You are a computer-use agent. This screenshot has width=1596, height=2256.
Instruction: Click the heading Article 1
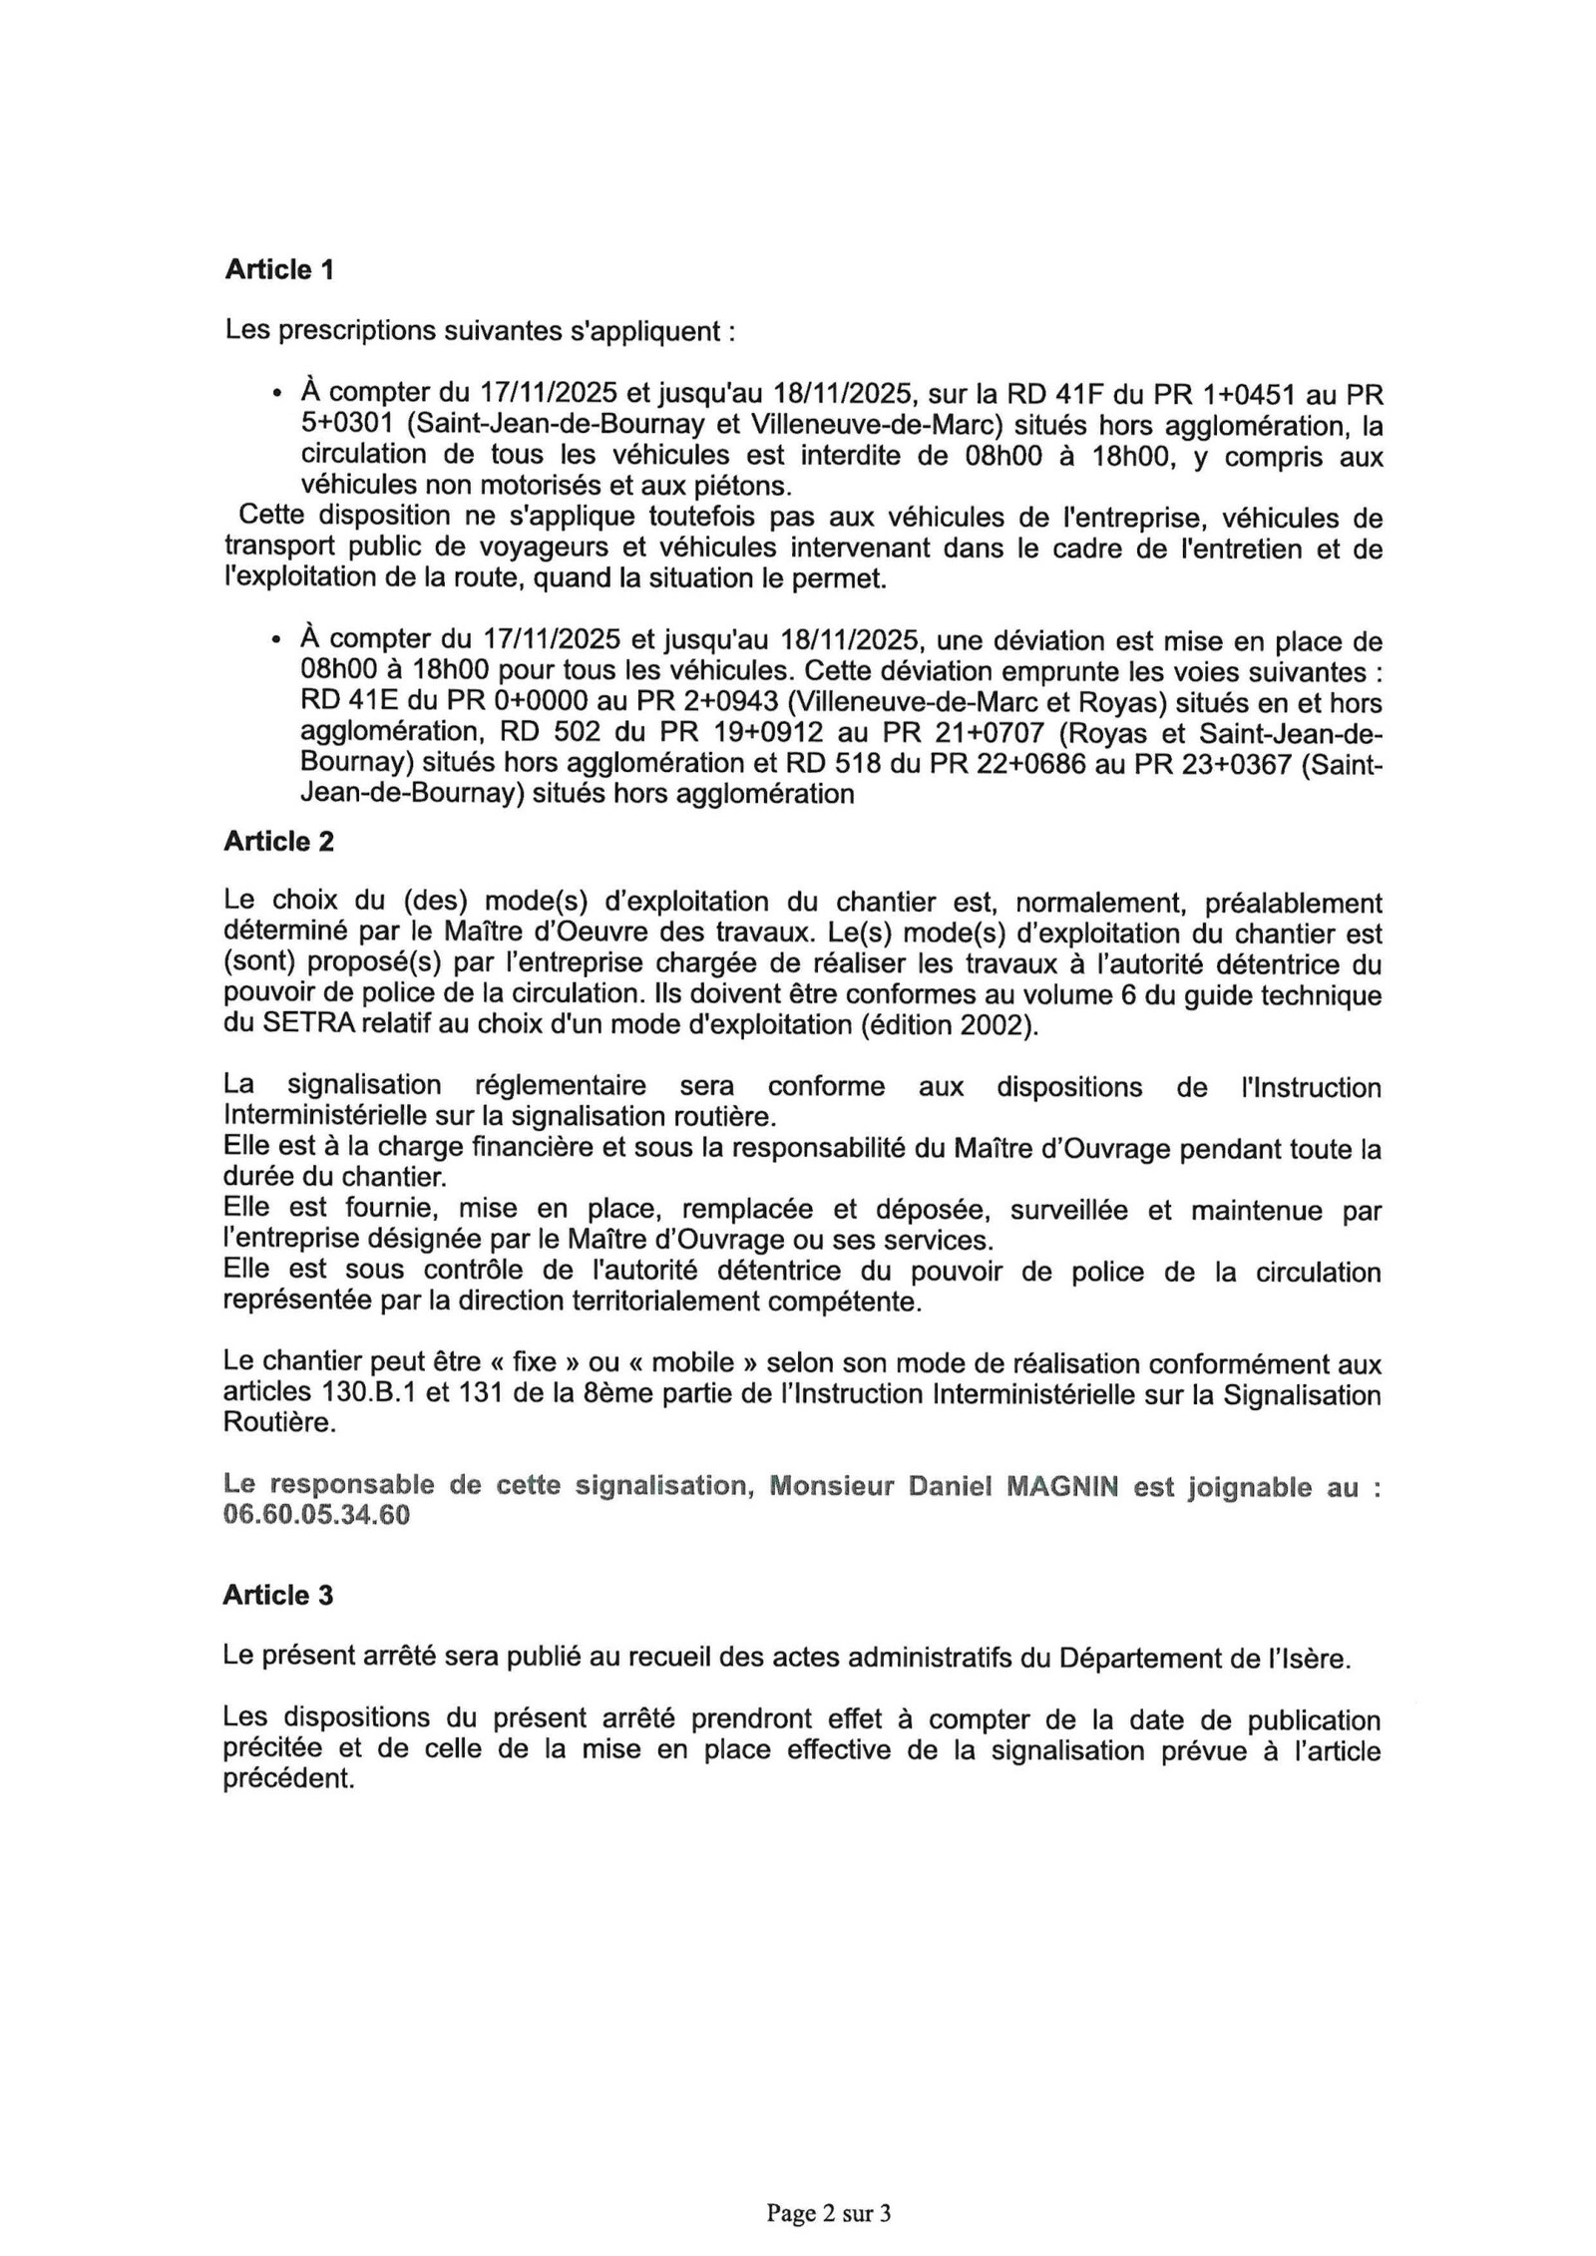coord(278,269)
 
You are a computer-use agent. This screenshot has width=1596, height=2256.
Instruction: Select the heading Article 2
coord(278,842)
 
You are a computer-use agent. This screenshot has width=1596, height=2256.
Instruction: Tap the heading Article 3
coord(277,1595)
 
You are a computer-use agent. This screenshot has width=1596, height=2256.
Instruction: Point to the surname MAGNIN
coord(1061,1486)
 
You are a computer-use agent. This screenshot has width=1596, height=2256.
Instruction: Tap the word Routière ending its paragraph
coord(279,1422)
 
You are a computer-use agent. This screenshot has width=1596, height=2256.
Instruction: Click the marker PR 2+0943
coord(700,702)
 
